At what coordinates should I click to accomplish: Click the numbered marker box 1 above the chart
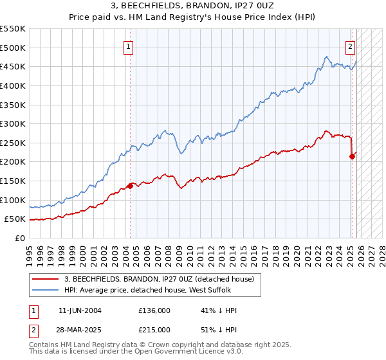tap(129, 46)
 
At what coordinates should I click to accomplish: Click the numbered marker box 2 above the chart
tap(351, 46)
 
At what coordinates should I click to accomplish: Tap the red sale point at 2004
tap(130, 186)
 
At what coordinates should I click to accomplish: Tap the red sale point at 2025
tap(352, 156)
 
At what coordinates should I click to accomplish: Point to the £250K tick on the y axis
tap(14, 143)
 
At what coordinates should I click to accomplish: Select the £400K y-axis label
tap(14, 85)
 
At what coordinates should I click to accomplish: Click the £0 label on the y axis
tap(20, 238)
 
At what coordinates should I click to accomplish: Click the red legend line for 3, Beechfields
tap(45, 279)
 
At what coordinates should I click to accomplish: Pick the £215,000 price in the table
tap(154, 329)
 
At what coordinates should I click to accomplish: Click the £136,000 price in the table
tap(154, 310)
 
